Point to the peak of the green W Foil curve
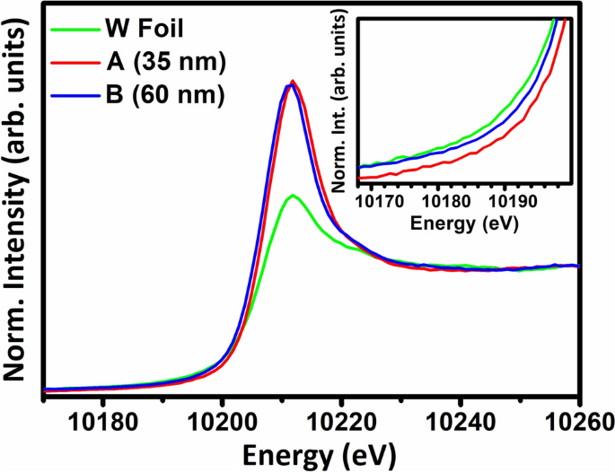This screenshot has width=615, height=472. point(291,196)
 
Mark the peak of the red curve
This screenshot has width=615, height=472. point(293,82)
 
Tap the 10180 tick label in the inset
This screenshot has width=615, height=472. point(447,199)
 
